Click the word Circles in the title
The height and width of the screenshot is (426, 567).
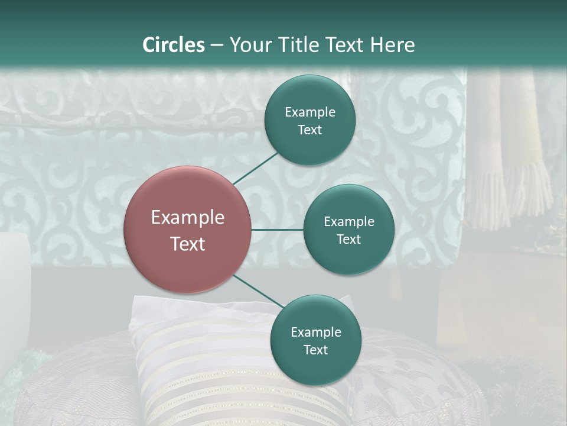point(174,45)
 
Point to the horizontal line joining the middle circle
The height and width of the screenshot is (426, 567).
point(278,230)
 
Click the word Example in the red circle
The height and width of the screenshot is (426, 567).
point(188,218)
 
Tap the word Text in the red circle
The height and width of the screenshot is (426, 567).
point(188,244)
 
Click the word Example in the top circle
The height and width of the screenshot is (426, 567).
point(309,112)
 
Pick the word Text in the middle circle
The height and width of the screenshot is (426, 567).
point(348,239)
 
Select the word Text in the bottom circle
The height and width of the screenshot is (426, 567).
point(315,350)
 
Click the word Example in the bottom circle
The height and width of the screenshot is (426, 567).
point(315,332)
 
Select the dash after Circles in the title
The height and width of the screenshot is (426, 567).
point(217,45)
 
